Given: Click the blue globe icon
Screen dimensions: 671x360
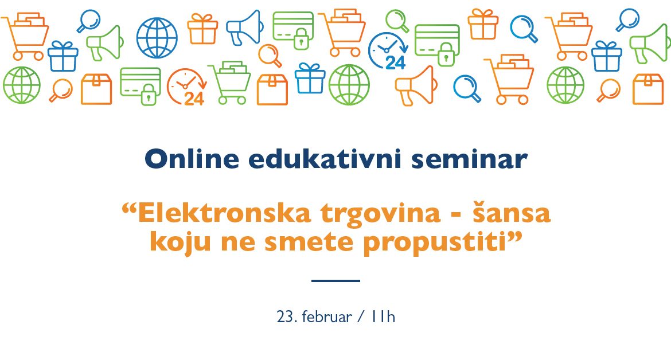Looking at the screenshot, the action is pyautogui.click(x=157, y=38).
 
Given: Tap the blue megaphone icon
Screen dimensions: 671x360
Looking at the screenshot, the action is pyautogui.click(x=244, y=28).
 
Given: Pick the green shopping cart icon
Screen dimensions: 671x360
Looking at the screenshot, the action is pyautogui.click(x=229, y=83).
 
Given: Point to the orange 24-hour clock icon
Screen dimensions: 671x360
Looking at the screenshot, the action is pyautogui.click(x=186, y=87).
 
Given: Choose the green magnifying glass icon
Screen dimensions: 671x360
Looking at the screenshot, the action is pyautogui.click(x=397, y=21).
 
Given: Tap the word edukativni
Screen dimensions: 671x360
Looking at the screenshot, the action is pyautogui.click(x=325, y=159).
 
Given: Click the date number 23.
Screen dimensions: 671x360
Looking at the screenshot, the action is pyautogui.click(x=285, y=317).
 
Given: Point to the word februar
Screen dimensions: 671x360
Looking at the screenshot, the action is pyautogui.click(x=327, y=317).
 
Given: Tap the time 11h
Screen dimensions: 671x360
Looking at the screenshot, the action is pyautogui.click(x=384, y=317).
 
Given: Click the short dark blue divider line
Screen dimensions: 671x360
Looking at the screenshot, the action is pyautogui.click(x=336, y=281).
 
